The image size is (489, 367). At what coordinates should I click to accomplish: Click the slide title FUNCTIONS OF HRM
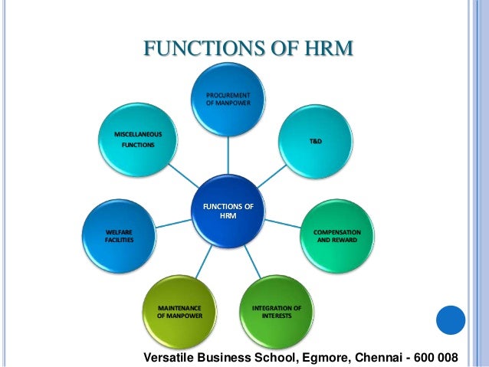click(x=249, y=50)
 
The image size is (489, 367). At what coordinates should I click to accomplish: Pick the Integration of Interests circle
click(x=276, y=312)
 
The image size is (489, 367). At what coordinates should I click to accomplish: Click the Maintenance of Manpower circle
click(x=179, y=312)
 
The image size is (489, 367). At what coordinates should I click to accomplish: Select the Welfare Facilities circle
click(x=119, y=234)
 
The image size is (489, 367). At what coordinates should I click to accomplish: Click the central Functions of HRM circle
click(x=228, y=211)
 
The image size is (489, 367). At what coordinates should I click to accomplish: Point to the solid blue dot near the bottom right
click(x=451, y=320)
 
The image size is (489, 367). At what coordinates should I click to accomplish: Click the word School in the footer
click(x=264, y=357)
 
